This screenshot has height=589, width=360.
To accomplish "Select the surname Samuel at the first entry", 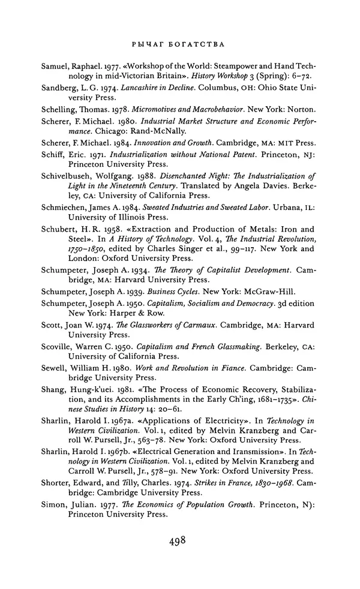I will point(58,67).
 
